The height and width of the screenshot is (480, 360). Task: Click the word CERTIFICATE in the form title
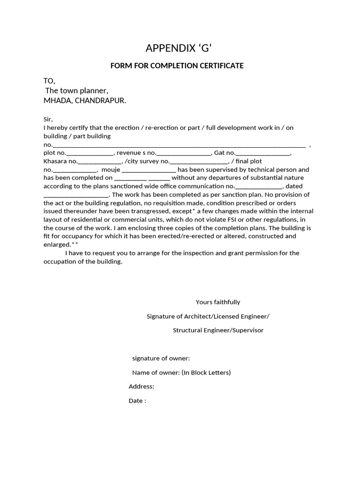click(220, 66)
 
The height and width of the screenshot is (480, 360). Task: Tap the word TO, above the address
click(49, 81)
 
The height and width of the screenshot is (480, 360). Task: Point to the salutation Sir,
click(49, 119)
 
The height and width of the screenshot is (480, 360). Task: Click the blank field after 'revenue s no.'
click(184, 153)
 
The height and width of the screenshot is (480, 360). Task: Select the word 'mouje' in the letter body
click(111, 170)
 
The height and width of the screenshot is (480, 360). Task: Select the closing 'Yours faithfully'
click(218, 302)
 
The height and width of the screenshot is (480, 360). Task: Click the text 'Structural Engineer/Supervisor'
click(218, 330)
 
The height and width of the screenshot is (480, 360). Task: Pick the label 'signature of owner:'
click(161, 359)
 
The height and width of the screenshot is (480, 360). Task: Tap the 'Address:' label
click(142, 387)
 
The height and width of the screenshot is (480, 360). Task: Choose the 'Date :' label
click(137, 401)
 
